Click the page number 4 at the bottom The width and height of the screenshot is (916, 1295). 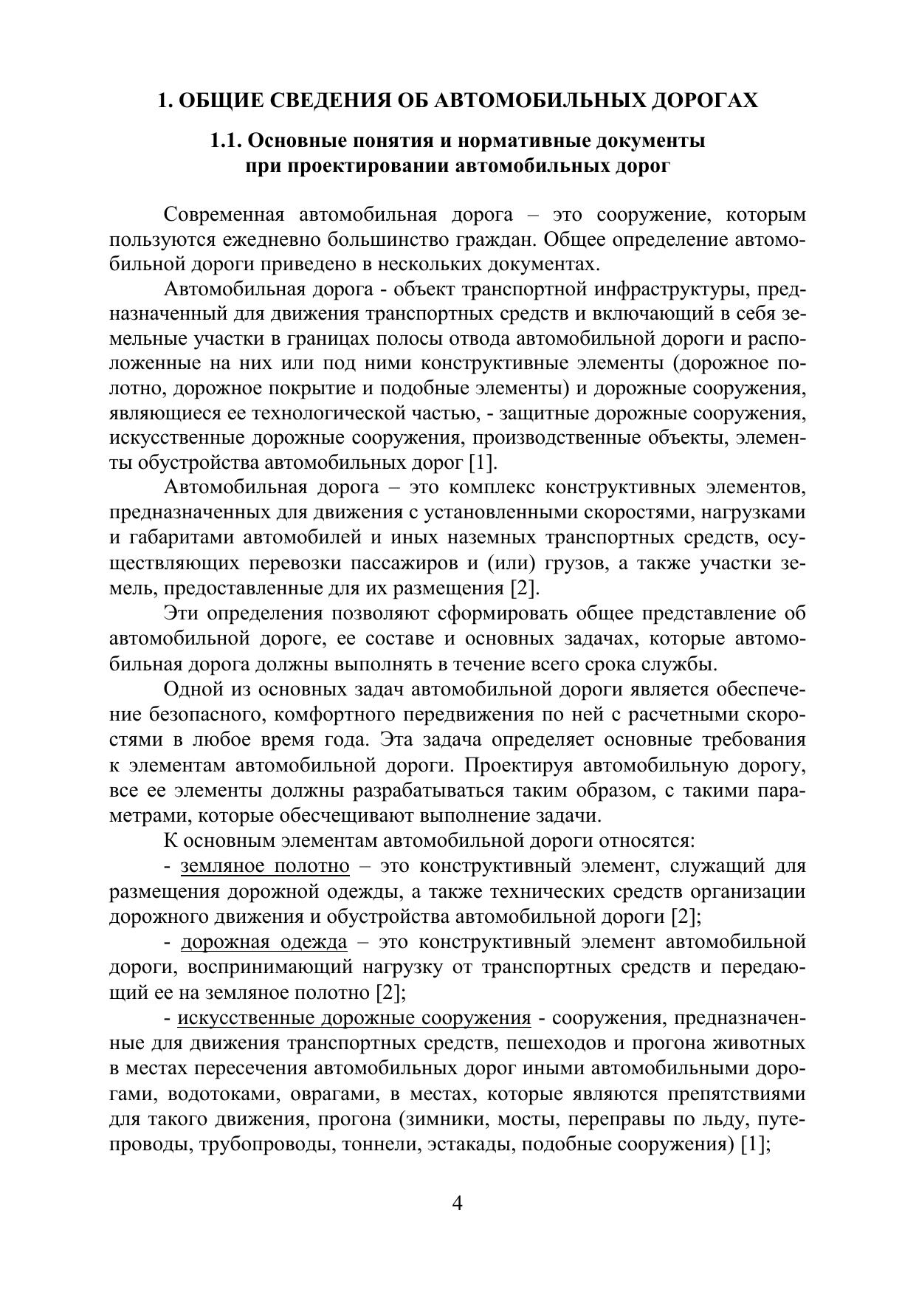pyautogui.click(x=457, y=1204)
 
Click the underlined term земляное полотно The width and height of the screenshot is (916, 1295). pyautogui.click(x=265, y=866)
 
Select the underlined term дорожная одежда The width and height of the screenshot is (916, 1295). pyautogui.click(x=264, y=942)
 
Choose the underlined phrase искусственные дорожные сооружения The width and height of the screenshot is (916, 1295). pyautogui.click(x=354, y=1018)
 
